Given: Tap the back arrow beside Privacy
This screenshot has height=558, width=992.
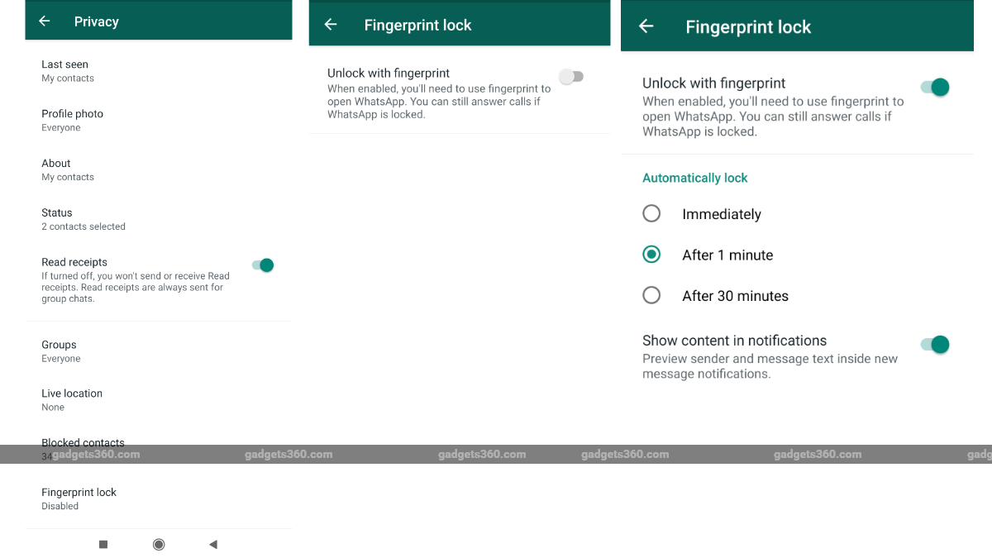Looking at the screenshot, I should pyautogui.click(x=45, y=21).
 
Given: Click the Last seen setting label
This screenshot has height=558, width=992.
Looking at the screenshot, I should pyautogui.click(x=64, y=64).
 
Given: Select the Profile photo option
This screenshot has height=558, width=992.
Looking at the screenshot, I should pyautogui.click(x=72, y=114).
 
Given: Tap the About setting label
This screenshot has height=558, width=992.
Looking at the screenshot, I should pyautogui.click(x=56, y=164).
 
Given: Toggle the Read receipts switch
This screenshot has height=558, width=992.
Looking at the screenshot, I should pyautogui.click(x=263, y=265).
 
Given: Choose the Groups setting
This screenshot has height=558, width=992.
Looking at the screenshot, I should pyautogui.click(x=59, y=345).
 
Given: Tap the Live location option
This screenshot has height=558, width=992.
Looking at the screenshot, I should pyautogui.click(x=72, y=393).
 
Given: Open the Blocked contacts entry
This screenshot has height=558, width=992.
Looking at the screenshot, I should pyautogui.click(x=83, y=443).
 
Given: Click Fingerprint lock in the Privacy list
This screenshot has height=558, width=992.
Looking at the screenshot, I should pyautogui.click(x=79, y=493).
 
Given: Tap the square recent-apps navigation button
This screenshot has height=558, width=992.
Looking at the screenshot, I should pyautogui.click(x=103, y=544).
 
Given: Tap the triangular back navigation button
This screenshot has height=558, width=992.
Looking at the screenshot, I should pyautogui.click(x=213, y=544).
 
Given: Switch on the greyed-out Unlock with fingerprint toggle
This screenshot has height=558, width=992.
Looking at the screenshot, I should pyautogui.click(x=571, y=77).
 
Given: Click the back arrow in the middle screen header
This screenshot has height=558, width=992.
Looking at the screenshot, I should pyautogui.click(x=331, y=25).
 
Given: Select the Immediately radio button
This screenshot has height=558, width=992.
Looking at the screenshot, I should pyautogui.click(x=651, y=214).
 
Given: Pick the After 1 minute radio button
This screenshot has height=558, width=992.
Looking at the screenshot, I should pyautogui.click(x=651, y=255).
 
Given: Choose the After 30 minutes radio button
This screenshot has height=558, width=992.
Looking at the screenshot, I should pyautogui.click(x=651, y=295).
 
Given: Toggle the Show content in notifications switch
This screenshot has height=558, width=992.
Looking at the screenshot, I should pyautogui.click(x=935, y=345).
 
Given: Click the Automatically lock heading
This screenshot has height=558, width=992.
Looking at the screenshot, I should pyautogui.click(x=694, y=178).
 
